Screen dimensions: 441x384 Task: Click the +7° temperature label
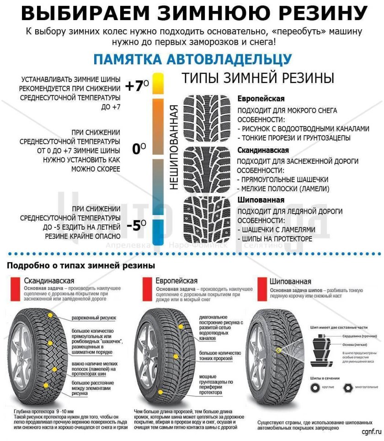coord(137,86)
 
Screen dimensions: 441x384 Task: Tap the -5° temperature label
coord(137,225)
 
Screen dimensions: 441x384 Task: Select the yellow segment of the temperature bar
coord(158,83)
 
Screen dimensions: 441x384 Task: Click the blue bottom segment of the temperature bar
coord(158,232)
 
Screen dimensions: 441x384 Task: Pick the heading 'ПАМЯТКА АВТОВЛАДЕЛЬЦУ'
coord(192,59)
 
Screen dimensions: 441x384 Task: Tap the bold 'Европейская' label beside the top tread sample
coord(261,99)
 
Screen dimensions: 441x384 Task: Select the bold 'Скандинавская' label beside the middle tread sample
coord(263,150)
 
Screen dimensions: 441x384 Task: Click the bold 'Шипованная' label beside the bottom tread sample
coord(261,200)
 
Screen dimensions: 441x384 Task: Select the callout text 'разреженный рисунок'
coord(94,317)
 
